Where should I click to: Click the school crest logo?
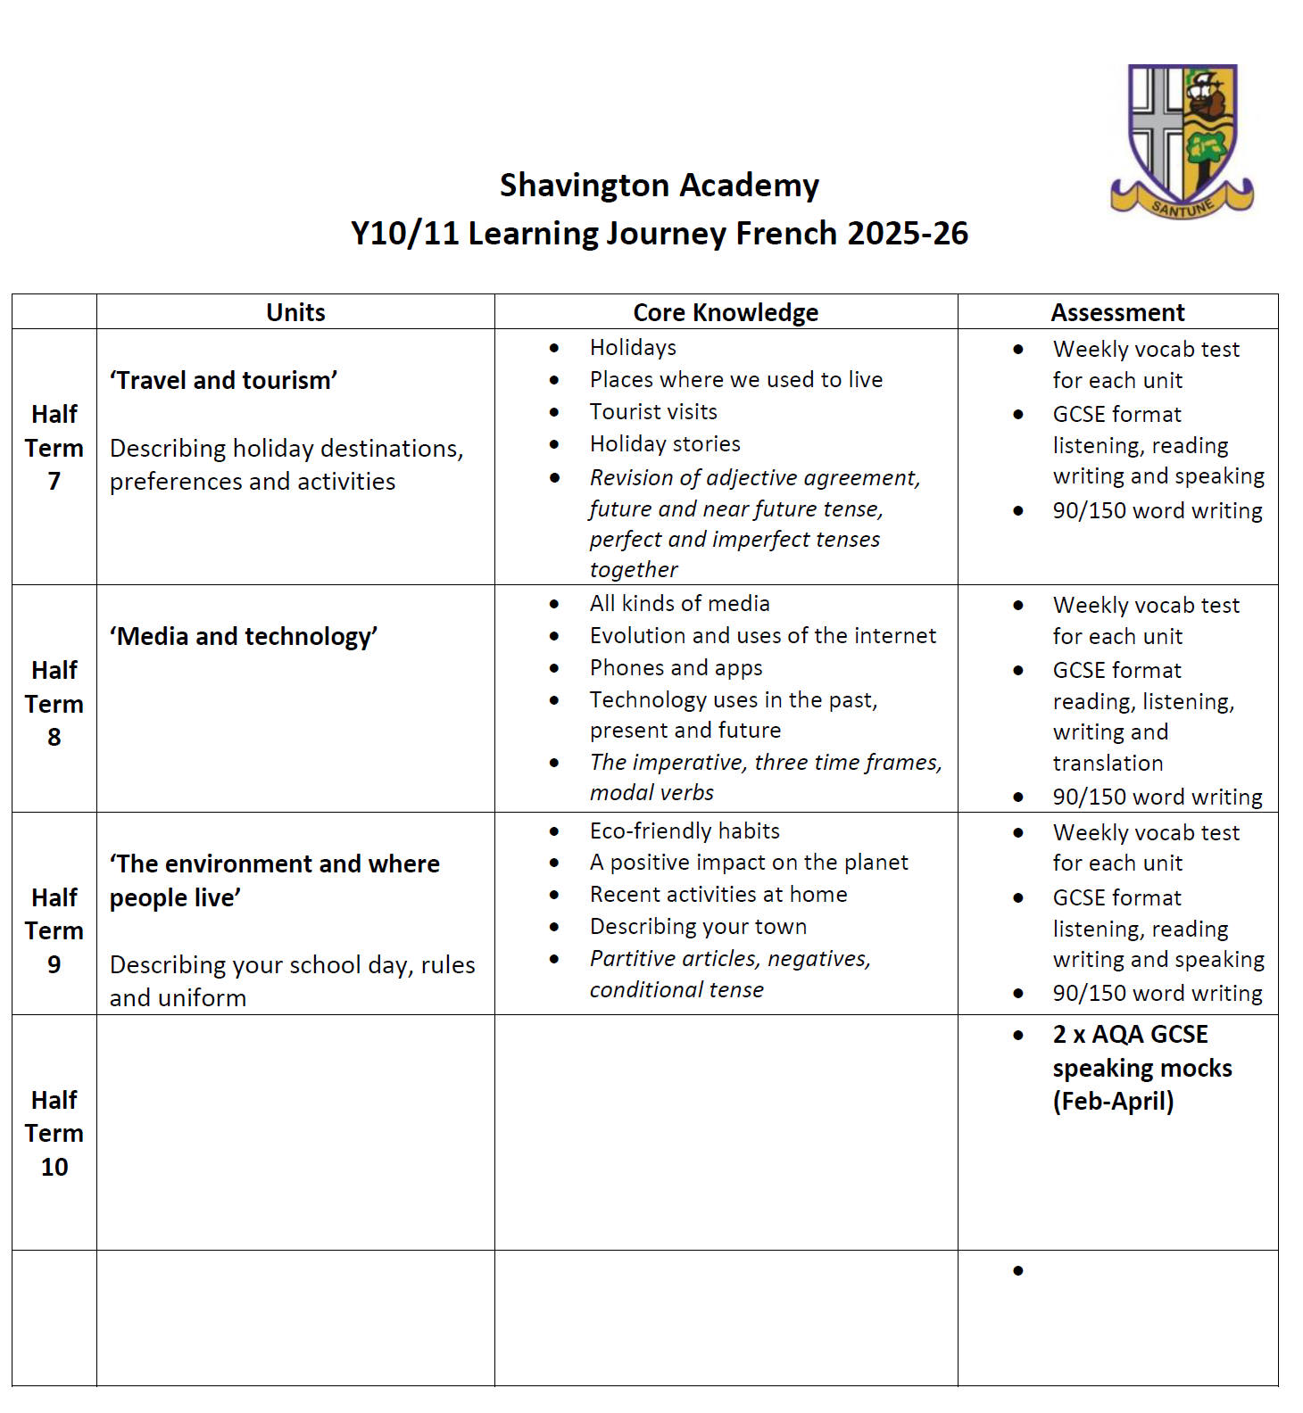coord(1183,141)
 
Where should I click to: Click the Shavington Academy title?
coord(659,186)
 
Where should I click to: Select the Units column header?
coord(295,312)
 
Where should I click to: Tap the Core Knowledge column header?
coord(726,312)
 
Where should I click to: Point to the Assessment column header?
coord(1117,312)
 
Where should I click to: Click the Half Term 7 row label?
coord(54,448)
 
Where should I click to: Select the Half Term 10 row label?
coord(54,1133)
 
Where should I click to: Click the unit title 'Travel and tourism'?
coord(224,381)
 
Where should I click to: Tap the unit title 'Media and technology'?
coord(244,637)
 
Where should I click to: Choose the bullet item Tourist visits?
coord(653,412)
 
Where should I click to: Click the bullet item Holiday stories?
coord(665,444)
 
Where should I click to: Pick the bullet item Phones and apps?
coord(676,668)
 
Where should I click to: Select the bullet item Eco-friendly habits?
coord(685,831)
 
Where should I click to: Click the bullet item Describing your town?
coord(698,927)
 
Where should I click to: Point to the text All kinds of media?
coord(679,604)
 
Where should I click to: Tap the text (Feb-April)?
coord(1113,1102)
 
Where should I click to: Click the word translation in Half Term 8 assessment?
coord(1108,764)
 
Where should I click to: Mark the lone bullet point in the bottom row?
coord(1018,1270)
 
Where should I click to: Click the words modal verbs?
coord(651,793)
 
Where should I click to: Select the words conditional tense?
coord(676,990)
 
